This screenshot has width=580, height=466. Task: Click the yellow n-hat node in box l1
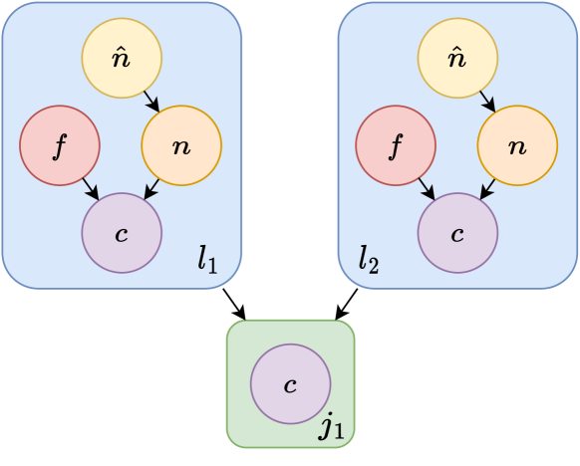[122, 59]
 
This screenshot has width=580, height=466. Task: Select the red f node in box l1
[60, 147]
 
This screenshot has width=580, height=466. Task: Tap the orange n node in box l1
[181, 147]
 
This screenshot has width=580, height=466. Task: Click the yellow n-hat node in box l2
[457, 59]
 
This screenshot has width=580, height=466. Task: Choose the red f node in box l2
[396, 147]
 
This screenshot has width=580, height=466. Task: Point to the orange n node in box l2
[517, 147]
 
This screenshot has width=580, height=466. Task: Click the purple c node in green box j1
[290, 384]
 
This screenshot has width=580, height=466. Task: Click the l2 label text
[369, 261]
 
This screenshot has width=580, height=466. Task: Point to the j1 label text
[331, 428]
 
